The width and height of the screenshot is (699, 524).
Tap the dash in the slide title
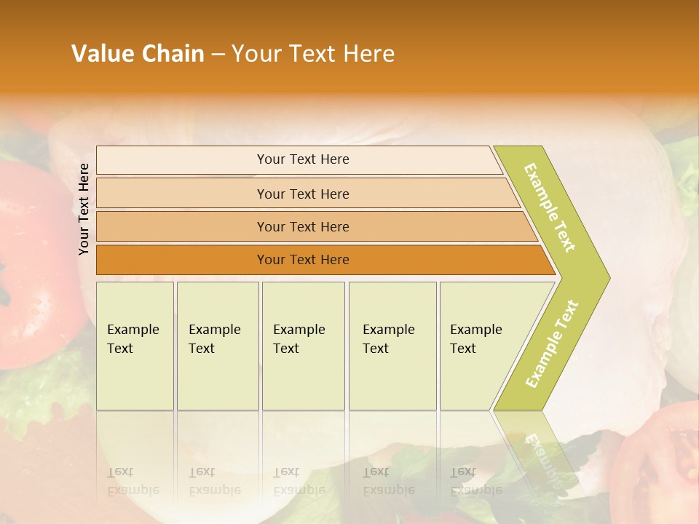click(x=218, y=55)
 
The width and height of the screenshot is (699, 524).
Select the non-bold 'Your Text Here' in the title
click(x=312, y=54)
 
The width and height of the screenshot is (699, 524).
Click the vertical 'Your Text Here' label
click(x=84, y=209)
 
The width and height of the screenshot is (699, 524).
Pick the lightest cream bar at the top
click(x=299, y=159)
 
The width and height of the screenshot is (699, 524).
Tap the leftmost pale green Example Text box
click(x=135, y=346)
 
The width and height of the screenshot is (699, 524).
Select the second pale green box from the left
click(x=218, y=346)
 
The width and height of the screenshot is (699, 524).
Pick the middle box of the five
click(x=303, y=346)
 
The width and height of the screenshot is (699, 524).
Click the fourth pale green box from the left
click(x=392, y=346)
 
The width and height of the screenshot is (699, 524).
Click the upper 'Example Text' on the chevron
click(x=550, y=207)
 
